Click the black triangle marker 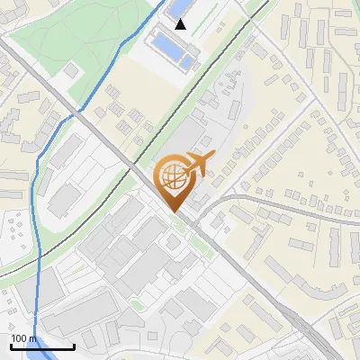point(181,24)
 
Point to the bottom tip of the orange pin point(173,211)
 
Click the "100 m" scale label point(24,338)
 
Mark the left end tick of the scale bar point(11,345)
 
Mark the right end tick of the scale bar point(74,345)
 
